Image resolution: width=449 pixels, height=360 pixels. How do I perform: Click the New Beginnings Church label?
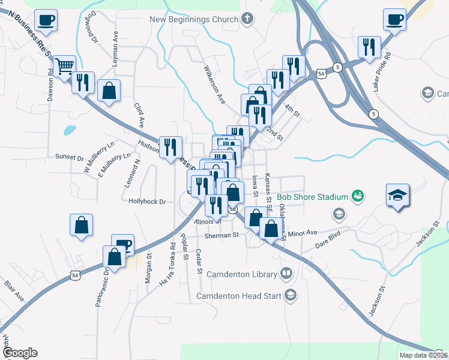tap(194, 19)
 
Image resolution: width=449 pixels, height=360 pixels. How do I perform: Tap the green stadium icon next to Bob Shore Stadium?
tap(358, 196)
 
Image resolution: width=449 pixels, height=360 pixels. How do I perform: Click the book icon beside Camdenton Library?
tap(286, 274)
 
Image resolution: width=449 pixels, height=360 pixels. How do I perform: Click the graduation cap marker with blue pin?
tap(396, 195)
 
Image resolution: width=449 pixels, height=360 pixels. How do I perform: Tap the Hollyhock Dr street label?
tap(146, 202)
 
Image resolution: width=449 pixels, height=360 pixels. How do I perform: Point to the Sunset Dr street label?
tap(69, 158)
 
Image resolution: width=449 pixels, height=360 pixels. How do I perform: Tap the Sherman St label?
tap(221, 236)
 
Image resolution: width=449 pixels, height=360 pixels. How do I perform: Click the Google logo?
tap(20, 353)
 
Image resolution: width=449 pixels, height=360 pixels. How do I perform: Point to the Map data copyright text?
tap(423, 355)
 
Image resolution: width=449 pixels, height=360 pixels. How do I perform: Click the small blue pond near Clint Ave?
tap(70, 129)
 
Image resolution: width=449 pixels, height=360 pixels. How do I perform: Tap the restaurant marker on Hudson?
tap(170, 146)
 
